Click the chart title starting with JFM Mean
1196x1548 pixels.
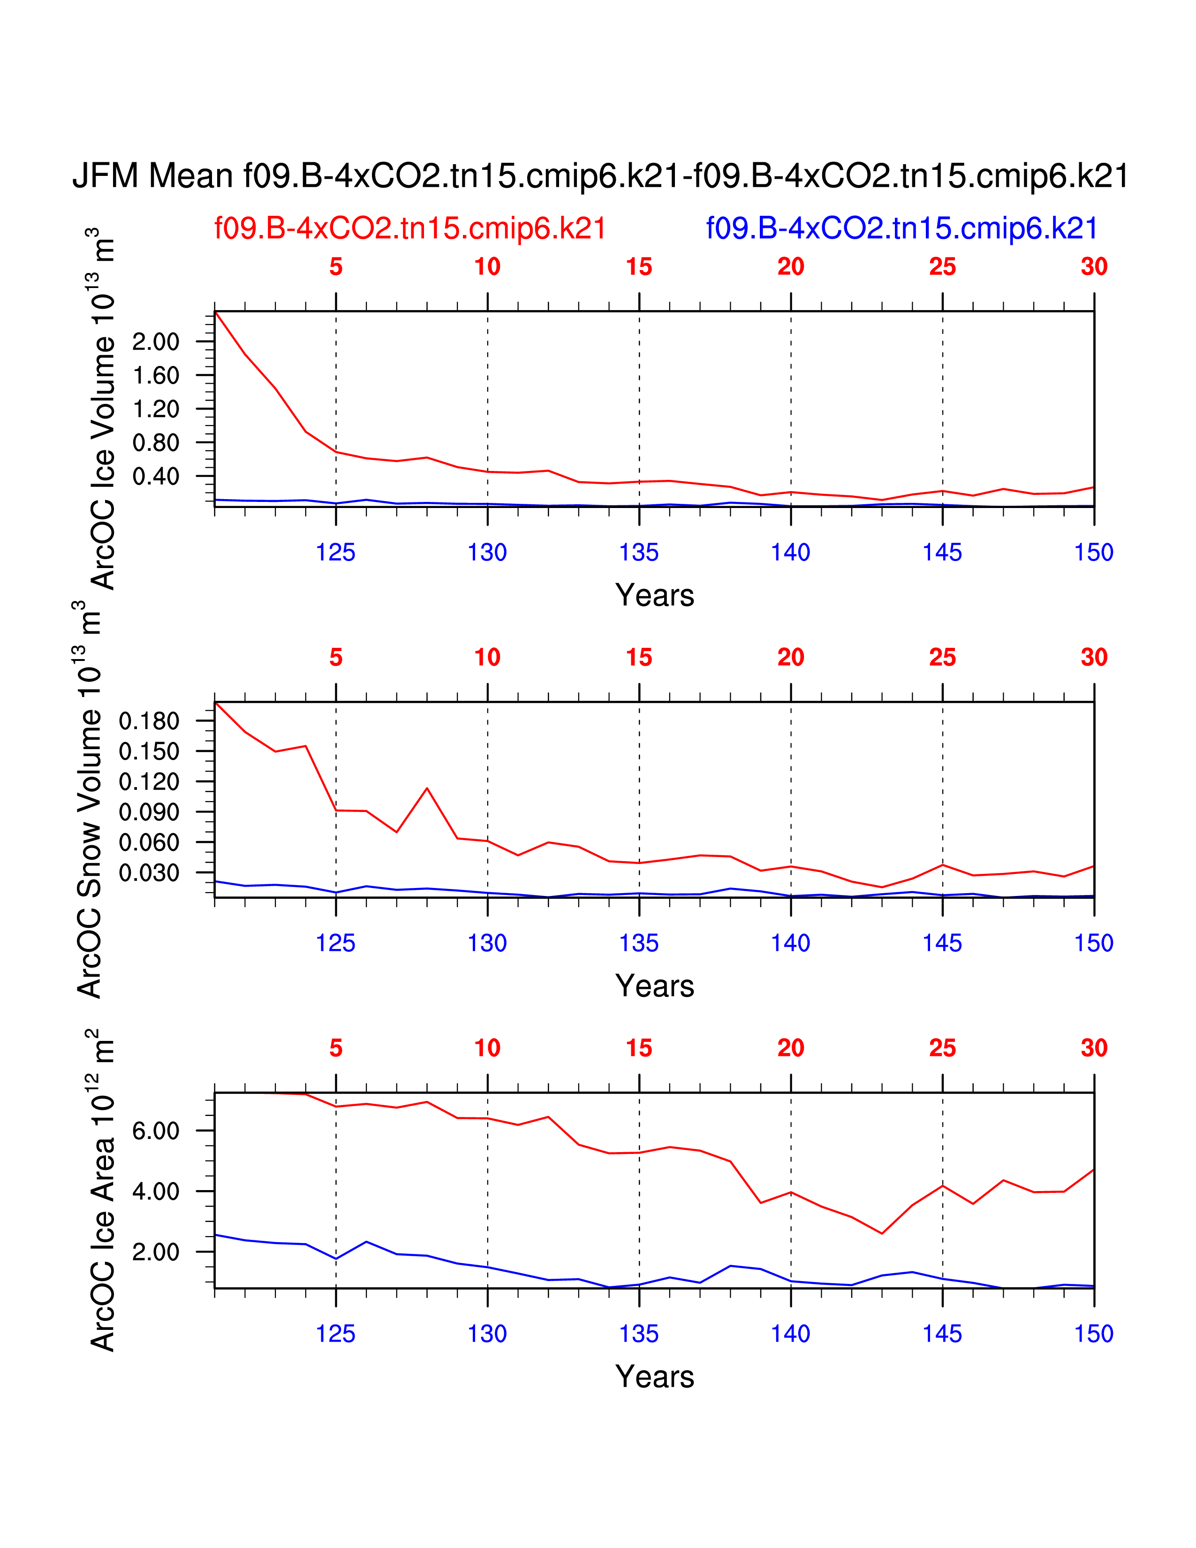click(x=600, y=176)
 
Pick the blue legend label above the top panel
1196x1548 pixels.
click(x=901, y=228)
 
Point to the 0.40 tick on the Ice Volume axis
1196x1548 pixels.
click(x=156, y=476)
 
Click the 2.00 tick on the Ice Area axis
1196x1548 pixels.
click(x=156, y=1252)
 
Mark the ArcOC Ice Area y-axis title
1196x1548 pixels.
click(x=103, y=1191)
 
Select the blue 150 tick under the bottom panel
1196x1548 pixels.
click(x=1093, y=1334)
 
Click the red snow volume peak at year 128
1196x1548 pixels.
click(x=427, y=788)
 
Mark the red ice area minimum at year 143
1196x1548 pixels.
click(x=882, y=1233)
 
